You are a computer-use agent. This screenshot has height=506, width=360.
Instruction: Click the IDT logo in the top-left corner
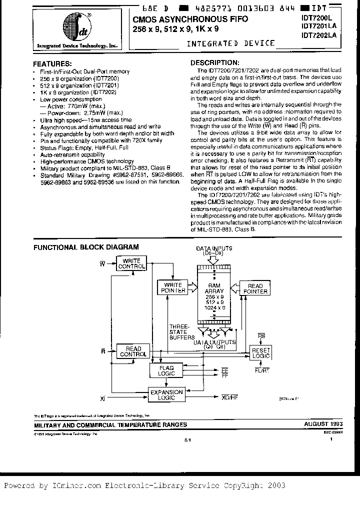pyautogui.click(x=75, y=27)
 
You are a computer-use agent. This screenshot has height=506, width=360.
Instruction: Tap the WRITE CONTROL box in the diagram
pyautogui.click(x=131, y=263)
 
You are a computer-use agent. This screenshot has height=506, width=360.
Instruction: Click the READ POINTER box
pyautogui.click(x=254, y=288)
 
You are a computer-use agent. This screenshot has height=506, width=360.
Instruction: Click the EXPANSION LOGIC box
pyautogui.click(x=166, y=395)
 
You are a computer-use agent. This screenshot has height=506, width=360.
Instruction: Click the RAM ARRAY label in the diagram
pyautogui.click(x=213, y=288)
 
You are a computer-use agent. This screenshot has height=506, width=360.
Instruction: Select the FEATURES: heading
pyautogui.click(x=51, y=64)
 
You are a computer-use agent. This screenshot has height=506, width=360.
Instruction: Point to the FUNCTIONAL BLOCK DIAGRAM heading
pyautogui.click(x=85, y=247)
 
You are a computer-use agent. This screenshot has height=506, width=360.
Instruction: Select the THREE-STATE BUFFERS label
pyautogui.click(x=178, y=331)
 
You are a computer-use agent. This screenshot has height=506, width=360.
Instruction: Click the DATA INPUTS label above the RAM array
pyautogui.click(x=213, y=248)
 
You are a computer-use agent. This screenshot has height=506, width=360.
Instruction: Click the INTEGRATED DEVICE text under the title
pyautogui.click(x=230, y=43)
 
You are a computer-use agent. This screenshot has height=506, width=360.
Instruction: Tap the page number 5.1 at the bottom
pyautogui.click(x=187, y=439)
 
